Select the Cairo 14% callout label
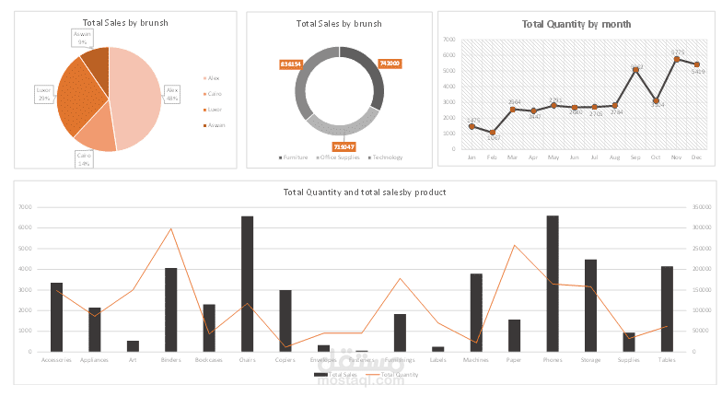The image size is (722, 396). tap(84, 159)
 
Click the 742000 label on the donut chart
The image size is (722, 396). tap(389, 64)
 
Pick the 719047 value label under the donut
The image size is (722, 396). tap(344, 146)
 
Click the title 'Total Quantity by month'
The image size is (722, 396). tap(576, 25)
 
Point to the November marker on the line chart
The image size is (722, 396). tap(677, 59)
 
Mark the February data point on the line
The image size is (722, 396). tap(493, 133)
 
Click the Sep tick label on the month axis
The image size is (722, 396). tap(635, 158)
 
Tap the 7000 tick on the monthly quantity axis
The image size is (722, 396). tap(449, 41)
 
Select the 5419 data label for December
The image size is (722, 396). tap(697, 71)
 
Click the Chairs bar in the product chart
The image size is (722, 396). tap(248, 284)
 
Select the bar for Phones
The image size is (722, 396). tap(553, 284)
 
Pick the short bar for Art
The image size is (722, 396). tap(133, 346)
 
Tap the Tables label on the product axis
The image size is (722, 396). tap(667, 360)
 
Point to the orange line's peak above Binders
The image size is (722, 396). tap(170, 228)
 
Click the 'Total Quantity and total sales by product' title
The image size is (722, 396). tap(366, 192)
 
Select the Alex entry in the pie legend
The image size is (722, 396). tap(214, 78)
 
